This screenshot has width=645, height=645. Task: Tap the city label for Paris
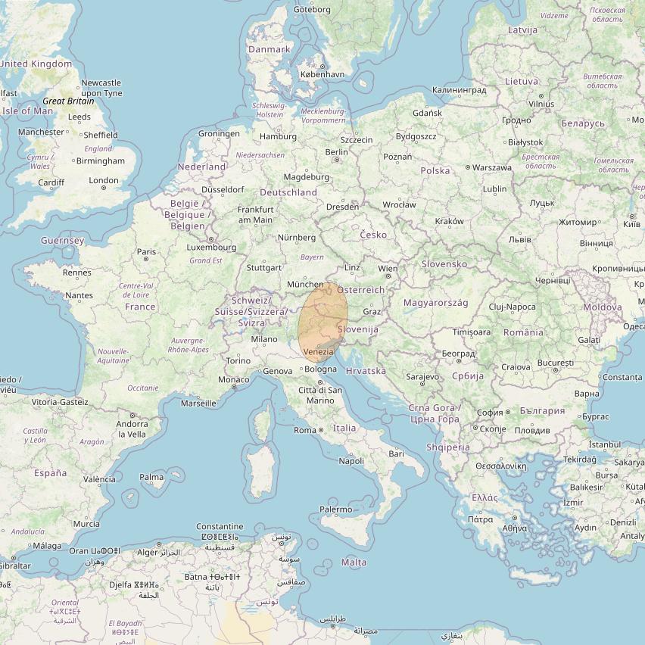tap(146, 251)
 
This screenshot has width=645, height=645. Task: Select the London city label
tap(104, 180)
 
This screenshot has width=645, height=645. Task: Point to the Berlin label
tap(336, 151)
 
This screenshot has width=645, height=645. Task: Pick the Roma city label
tap(305, 430)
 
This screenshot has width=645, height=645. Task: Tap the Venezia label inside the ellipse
tap(318, 353)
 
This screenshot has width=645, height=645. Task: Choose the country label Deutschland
tap(288, 192)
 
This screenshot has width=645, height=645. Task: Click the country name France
tap(140, 307)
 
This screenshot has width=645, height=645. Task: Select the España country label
tap(50, 473)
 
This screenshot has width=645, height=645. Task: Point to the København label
tap(322, 75)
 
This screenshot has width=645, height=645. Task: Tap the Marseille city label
tap(198, 404)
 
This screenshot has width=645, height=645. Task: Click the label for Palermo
tap(335, 509)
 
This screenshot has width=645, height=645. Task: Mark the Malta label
tap(354, 562)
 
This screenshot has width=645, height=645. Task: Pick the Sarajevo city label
tap(422, 376)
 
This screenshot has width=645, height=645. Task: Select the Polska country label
tap(435, 170)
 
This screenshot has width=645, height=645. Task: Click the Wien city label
tap(388, 269)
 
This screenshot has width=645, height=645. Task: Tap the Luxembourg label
tap(211, 247)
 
